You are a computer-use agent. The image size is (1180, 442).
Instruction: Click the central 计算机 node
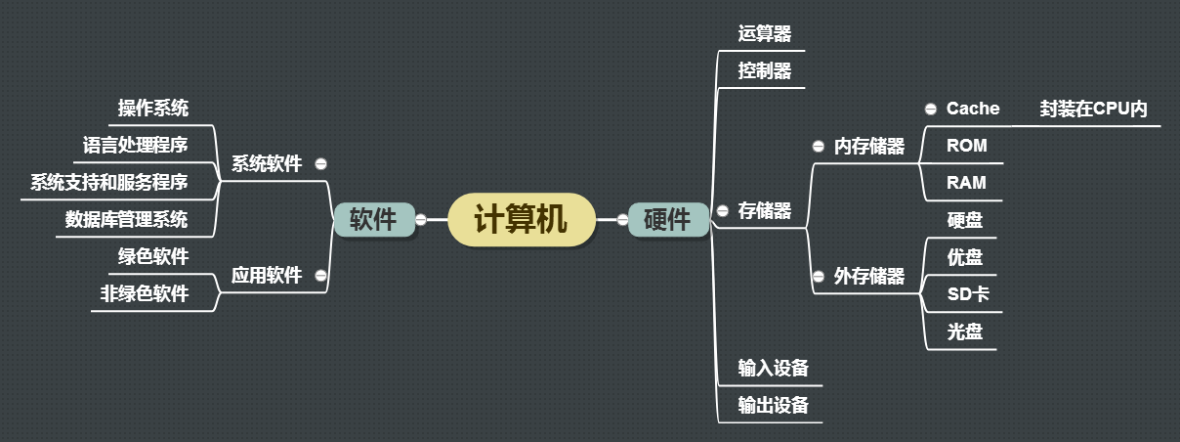[x=520, y=219]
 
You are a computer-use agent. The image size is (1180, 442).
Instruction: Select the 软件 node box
[x=372, y=220]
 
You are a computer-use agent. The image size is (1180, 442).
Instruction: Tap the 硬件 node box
[x=667, y=220]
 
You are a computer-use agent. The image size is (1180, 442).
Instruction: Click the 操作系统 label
[x=153, y=108]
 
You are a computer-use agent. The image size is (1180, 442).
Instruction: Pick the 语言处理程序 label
[x=135, y=145]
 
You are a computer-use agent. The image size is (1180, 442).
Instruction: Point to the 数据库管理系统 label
[x=126, y=219]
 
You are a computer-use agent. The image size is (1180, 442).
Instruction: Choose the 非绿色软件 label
[x=144, y=293]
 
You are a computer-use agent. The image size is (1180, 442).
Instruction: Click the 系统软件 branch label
[x=266, y=163]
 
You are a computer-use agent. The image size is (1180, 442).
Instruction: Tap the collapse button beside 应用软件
[x=321, y=276]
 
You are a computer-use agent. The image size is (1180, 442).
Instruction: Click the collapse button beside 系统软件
[x=321, y=164]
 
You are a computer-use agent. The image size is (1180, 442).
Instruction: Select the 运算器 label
[x=765, y=33]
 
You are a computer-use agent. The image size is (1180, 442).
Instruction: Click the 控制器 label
[x=765, y=70]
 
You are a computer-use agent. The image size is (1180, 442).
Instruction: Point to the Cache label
[x=973, y=109]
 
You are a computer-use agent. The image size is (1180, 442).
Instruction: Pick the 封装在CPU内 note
[x=1093, y=109]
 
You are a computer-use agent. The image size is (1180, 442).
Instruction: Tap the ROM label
[x=967, y=146]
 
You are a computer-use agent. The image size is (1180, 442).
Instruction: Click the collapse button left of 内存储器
[x=819, y=147]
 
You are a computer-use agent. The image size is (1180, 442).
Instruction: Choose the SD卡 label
[x=969, y=294]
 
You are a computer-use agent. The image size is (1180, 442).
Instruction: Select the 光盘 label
[x=965, y=331]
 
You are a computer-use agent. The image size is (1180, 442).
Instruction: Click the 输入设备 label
[x=774, y=368]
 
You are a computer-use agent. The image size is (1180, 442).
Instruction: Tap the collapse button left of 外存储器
[x=819, y=277]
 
